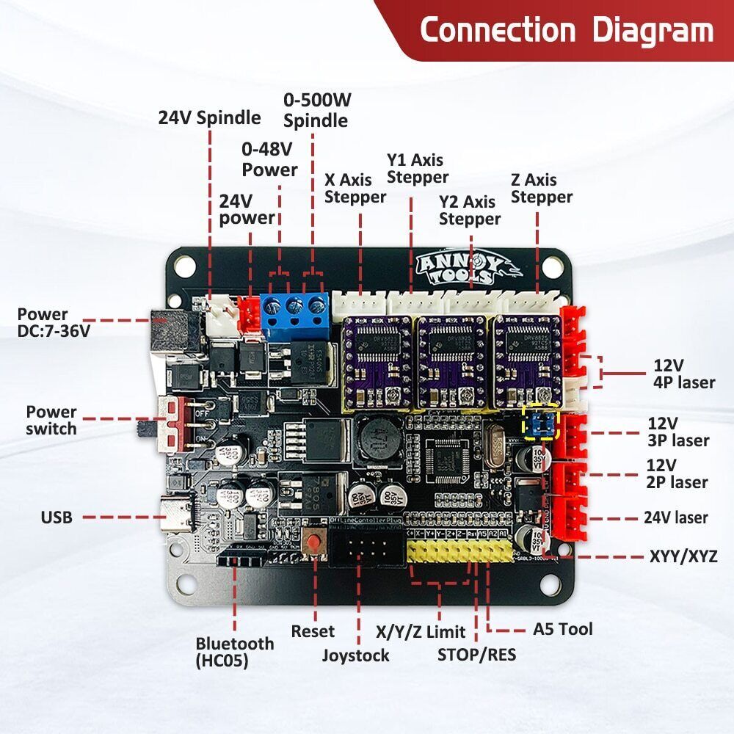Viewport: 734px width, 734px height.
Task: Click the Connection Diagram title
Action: (566, 31)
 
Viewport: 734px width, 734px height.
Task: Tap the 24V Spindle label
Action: (209, 117)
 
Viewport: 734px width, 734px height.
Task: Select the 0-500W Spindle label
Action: (316, 110)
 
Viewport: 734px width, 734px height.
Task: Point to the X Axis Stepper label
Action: (355, 188)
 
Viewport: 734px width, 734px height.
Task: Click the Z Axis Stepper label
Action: (542, 188)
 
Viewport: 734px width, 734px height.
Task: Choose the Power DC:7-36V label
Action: (54, 322)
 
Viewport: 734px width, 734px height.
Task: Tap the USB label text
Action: (57, 517)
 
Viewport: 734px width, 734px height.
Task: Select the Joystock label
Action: (355, 655)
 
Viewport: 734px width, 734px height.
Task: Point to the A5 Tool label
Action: (562, 629)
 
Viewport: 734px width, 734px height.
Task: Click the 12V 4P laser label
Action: (683, 373)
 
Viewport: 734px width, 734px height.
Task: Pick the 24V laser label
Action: (675, 517)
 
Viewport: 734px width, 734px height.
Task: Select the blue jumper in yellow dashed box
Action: (540, 424)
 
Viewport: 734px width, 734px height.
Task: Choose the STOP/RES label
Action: (476, 653)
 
